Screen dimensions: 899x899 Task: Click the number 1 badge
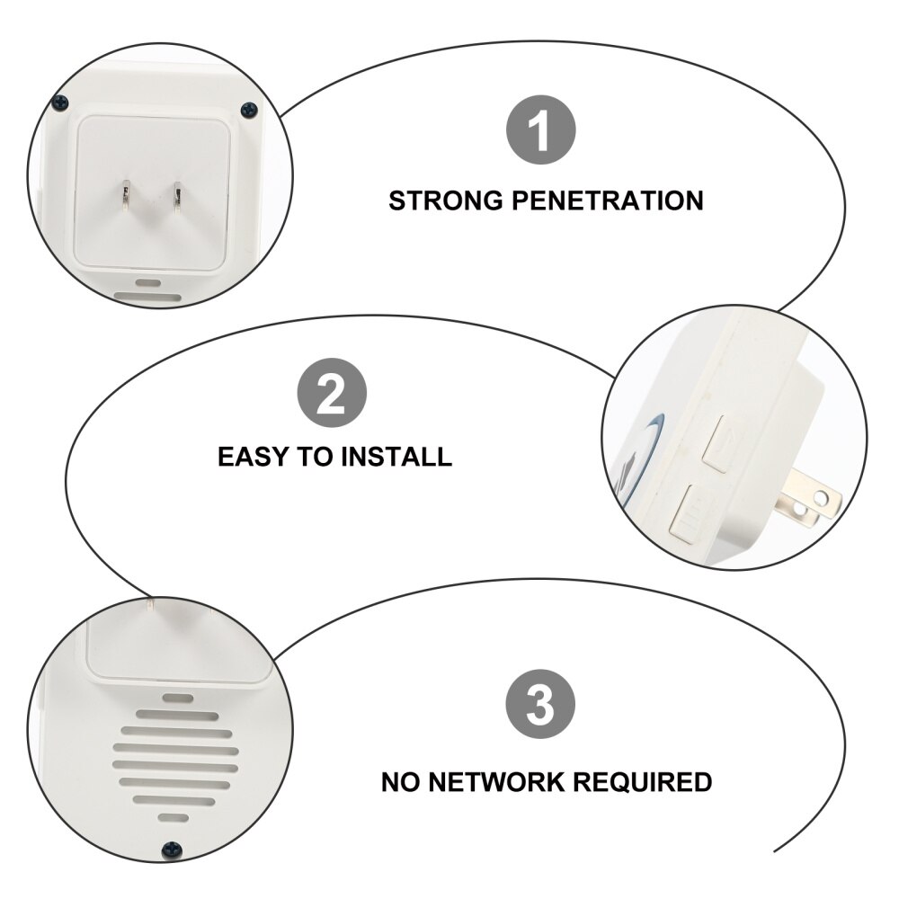[540, 131]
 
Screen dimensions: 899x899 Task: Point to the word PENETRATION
[608, 200]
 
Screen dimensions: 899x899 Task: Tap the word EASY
[254, 457]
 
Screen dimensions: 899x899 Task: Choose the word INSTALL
[396, 457]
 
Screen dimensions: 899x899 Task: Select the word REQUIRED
[645, 781]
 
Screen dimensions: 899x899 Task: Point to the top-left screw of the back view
[59, 102]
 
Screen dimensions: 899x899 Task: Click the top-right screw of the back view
[249, 110]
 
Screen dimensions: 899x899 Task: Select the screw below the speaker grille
[169, 849]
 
